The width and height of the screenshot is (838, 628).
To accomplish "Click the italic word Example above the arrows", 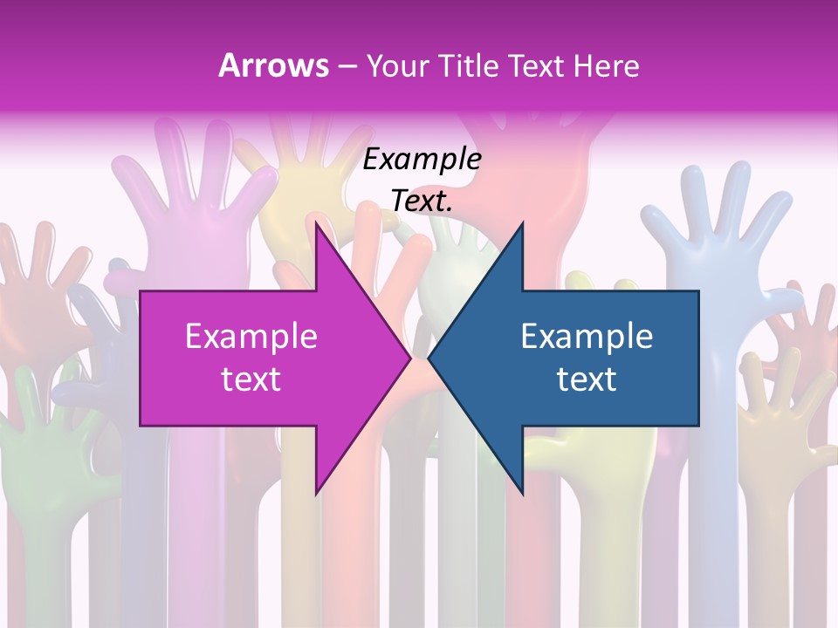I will pos(422,159).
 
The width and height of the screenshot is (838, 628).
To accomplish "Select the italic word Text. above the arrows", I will pos(422,201).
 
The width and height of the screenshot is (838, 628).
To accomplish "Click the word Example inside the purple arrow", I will pos(251,336).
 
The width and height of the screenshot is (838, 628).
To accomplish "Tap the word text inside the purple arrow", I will pos(251,379).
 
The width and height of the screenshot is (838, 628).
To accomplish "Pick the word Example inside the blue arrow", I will pos(587,336).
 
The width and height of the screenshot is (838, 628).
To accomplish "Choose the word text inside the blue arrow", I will pos(587,379).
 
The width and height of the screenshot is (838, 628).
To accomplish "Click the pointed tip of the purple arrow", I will pos(410,358).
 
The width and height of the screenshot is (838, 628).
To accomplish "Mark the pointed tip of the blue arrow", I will pos(429,358).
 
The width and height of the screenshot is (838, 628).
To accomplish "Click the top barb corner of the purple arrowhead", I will pos(316,222).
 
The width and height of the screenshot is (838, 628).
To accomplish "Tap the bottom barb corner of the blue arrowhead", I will pos(522,495).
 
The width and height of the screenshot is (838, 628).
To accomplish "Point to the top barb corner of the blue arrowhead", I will pos(522,222).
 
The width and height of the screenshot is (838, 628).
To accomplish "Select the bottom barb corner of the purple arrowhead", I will pos(316,495).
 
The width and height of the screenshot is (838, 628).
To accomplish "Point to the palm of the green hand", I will pos(52,454).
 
